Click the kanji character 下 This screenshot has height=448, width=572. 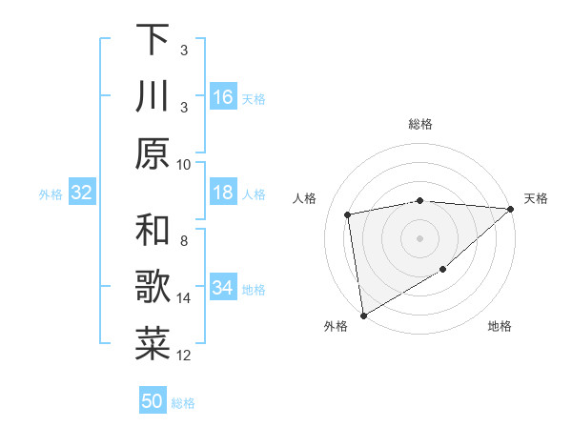point(153,40)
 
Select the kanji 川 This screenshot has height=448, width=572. point(153,96)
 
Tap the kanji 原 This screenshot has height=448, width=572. point(153,153)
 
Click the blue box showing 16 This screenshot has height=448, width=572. point(223,97)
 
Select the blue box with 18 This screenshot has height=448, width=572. point(223,193)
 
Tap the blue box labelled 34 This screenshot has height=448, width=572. point(223,288)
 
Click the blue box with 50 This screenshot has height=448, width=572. point(153,401)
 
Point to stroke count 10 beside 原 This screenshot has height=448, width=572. point(184,164)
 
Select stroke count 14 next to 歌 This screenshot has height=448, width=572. point(184,298)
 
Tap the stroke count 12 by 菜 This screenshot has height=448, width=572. point(184,356)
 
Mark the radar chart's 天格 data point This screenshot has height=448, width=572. point(510,209)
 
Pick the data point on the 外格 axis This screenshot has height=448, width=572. point(363,315)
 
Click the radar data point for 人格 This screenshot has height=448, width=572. point(348,214)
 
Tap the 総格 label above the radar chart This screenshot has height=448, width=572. point(419,124)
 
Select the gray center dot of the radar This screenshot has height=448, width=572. point(419,237)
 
